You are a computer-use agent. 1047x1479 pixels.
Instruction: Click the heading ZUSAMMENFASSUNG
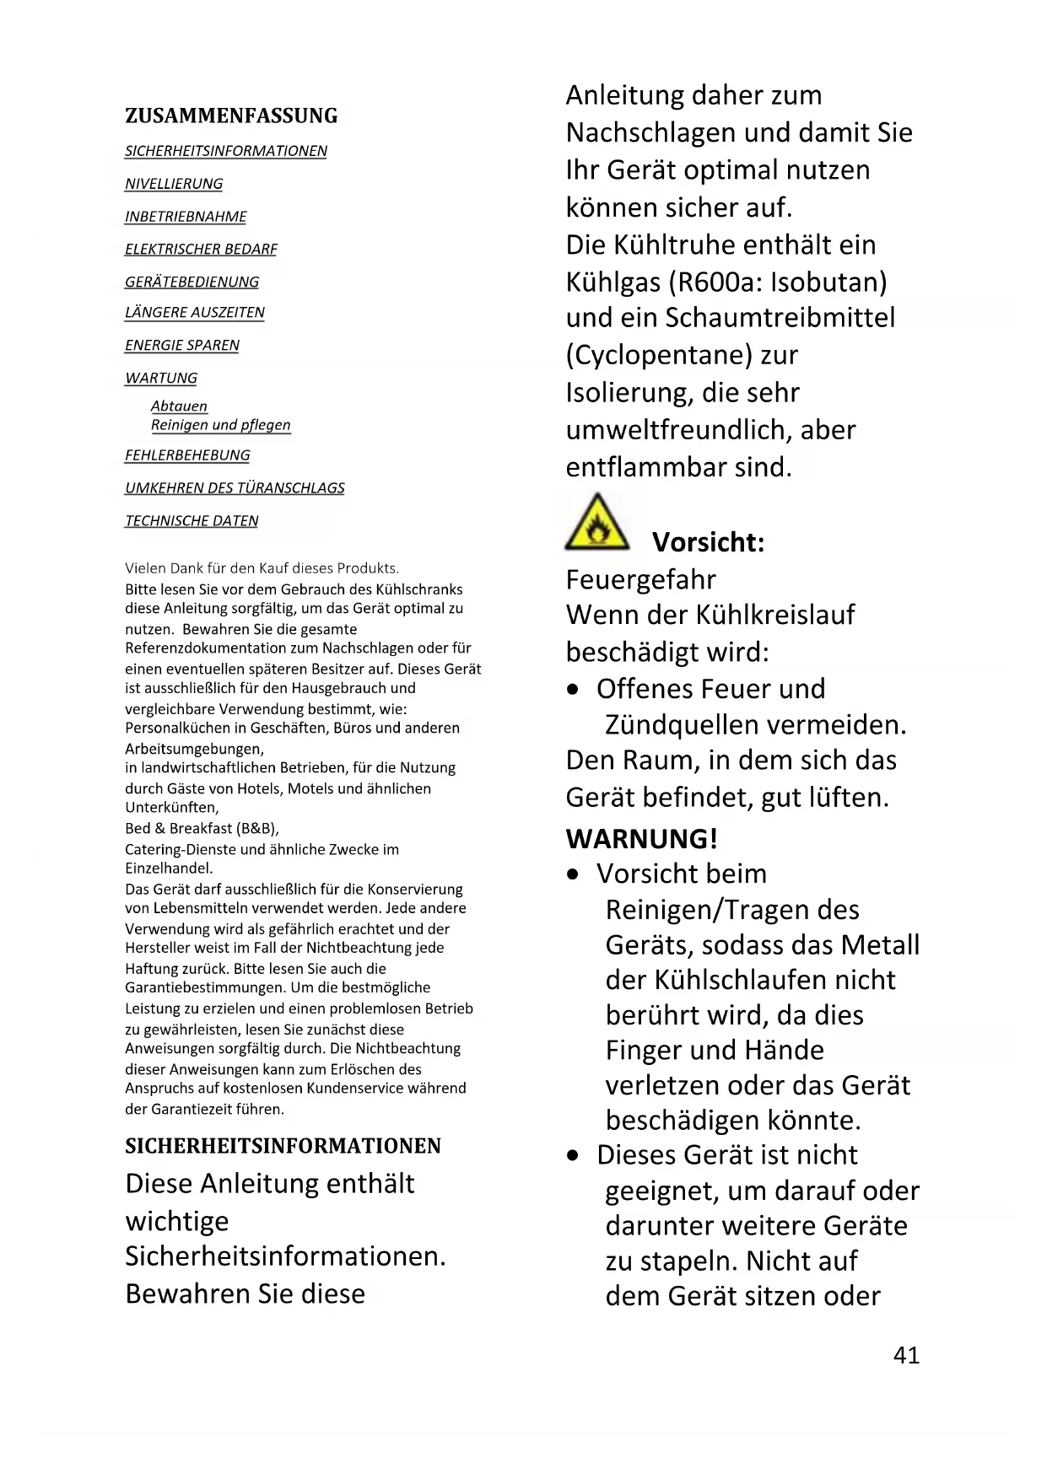click(231, 116)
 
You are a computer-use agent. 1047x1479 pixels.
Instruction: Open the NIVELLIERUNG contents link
click(174, 184)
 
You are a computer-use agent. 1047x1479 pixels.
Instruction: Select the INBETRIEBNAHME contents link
click(186, 217)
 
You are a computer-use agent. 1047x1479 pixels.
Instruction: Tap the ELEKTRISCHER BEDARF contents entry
click(201, 250)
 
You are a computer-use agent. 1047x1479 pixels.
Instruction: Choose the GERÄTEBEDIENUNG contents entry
click(192, 282)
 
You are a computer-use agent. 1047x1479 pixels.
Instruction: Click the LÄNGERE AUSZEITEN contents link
click(194, 312)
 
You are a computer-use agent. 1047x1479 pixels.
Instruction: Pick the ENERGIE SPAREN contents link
click(181, 345)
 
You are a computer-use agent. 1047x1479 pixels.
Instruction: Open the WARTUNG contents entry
click(160, 378)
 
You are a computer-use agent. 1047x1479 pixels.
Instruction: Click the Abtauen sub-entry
click(179, 406)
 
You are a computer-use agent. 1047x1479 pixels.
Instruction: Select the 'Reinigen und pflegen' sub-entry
click(220, 425)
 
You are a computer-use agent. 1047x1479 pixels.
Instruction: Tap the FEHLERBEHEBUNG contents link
click(187, 455)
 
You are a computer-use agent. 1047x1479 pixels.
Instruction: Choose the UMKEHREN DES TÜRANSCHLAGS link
click(235, 488)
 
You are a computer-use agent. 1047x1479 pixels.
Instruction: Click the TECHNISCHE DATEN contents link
click(192, 521)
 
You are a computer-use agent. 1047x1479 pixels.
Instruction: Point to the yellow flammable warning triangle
click(596, 524)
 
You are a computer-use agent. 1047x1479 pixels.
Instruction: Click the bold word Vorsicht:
click(708, 542)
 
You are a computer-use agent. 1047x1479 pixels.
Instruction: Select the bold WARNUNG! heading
click(642, 839)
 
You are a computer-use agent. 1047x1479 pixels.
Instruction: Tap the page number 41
click(906, 1355)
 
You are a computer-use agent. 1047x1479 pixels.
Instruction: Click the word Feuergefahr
click(640, 580)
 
